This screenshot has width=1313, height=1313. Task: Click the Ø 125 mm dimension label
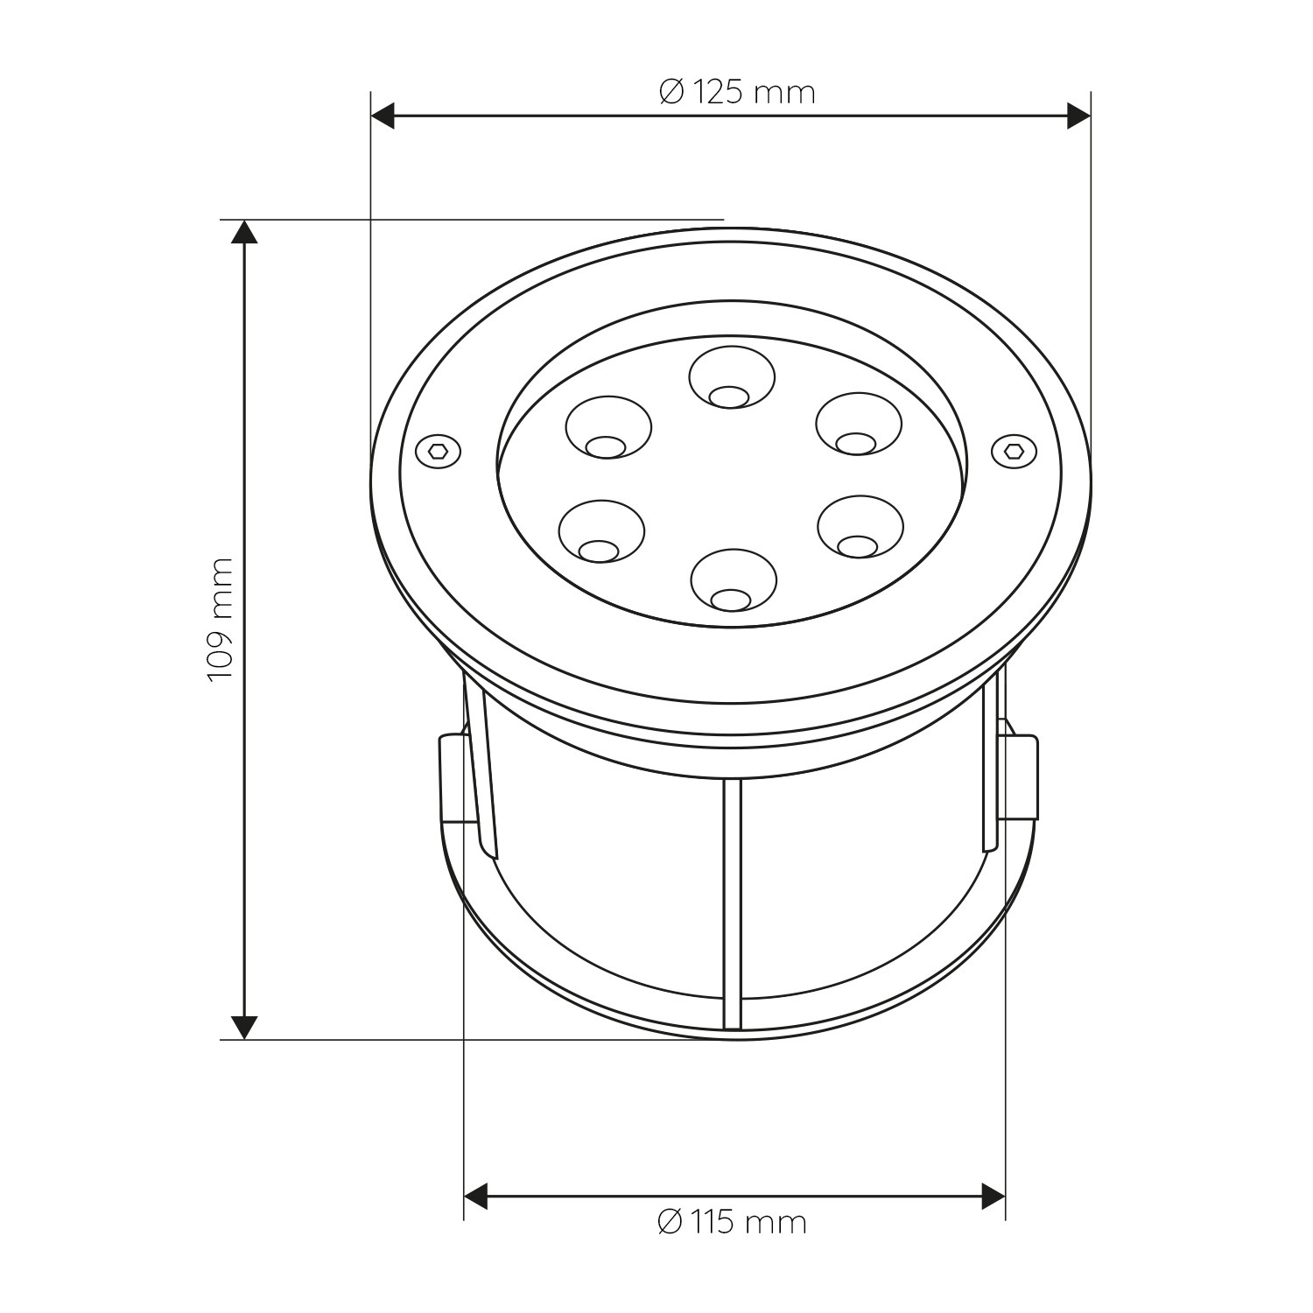click(x=737, y=92)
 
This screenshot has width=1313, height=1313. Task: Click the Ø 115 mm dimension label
click(x=732, y=1221)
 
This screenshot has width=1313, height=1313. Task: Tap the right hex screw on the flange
click(x=1015, y=450)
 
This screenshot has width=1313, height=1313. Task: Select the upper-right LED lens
click(x=859, y=425)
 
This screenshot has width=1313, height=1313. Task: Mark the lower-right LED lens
click(x=860, y=528)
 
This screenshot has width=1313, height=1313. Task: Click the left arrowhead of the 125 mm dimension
click(x=383, y=116)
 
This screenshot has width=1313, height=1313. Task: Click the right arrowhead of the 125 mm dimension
click(x=1078, y=116)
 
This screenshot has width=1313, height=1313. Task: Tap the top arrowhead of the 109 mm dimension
click(x=244, y=231)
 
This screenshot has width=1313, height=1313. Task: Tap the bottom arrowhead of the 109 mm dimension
click(x=244, y=1028)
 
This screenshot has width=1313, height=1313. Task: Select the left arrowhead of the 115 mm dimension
click(x=475, y=1196)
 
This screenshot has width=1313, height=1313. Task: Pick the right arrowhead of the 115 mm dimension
click(x=994, y=1196)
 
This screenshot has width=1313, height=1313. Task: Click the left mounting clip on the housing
click(x=453, y=779)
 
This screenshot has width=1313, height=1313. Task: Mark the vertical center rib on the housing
click(x=733, y=902)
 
